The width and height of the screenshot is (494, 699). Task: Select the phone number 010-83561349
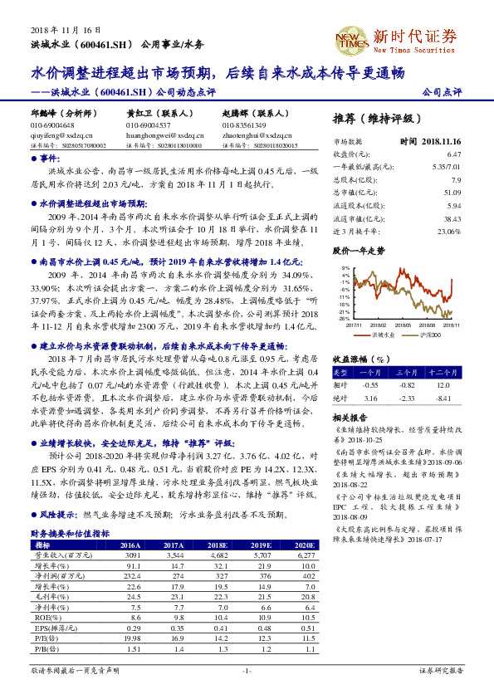pos(244,125)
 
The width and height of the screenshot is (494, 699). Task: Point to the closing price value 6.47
pos(452,154)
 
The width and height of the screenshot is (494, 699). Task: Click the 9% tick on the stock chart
pos(345,268)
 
